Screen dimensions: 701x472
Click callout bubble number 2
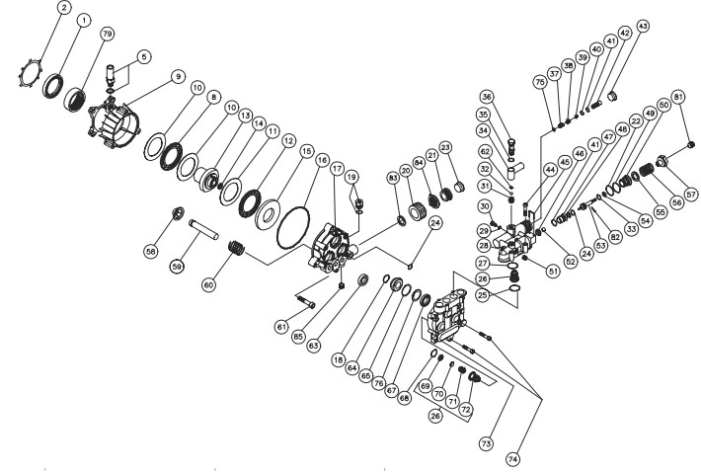(x=65, y=8)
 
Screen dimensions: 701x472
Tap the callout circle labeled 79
(x=107, y=34)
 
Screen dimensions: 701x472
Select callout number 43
(x=643, y=26)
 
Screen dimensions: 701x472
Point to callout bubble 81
(x=678, y=98)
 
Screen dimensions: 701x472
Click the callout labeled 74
(x=512, y=458)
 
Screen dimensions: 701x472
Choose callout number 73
(x=487, y=443)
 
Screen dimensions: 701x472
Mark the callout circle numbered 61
(x=281, y=327)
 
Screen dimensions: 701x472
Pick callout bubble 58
(x=151, y=252)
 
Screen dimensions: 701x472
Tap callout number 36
(x=488, y=97)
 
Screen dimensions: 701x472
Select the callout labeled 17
(x=337, y=169)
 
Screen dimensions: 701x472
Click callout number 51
(x=554, y=271)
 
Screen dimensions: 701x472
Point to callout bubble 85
(x=299, y=336)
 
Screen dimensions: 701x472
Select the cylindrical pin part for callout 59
(x=203, y=229)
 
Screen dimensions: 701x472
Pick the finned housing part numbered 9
(x=114, y=124)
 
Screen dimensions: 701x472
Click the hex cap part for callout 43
(x=613, y=95)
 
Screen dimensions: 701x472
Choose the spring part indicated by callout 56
(x=648, y=171)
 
